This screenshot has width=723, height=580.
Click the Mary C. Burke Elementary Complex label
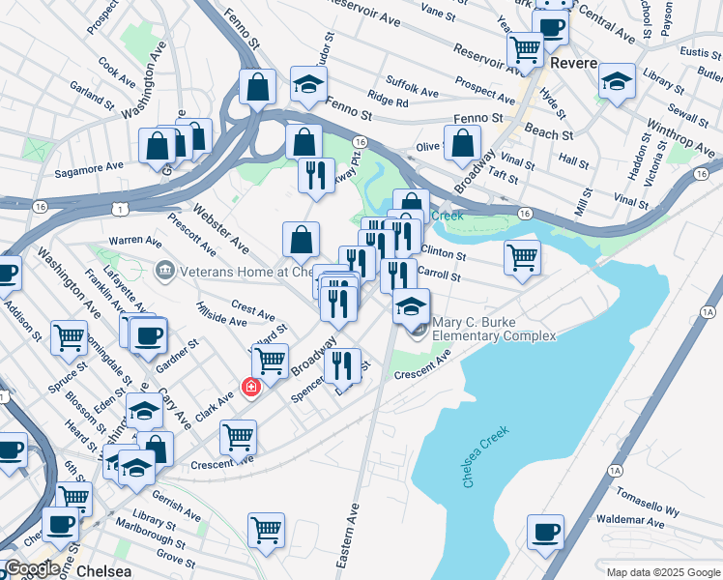tap(494, 329)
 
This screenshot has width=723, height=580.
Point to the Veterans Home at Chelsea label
tap(243, 272)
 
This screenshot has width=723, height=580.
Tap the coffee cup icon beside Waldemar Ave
tap(545, 532)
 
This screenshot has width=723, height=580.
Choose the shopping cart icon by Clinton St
tap(522, 258)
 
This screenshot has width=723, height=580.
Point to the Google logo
tap(32, 569)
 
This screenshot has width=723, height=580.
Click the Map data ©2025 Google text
tap(662, 572)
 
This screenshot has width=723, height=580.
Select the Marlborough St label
tap(145, 537)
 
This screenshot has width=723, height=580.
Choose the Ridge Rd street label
tap(387, 101)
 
